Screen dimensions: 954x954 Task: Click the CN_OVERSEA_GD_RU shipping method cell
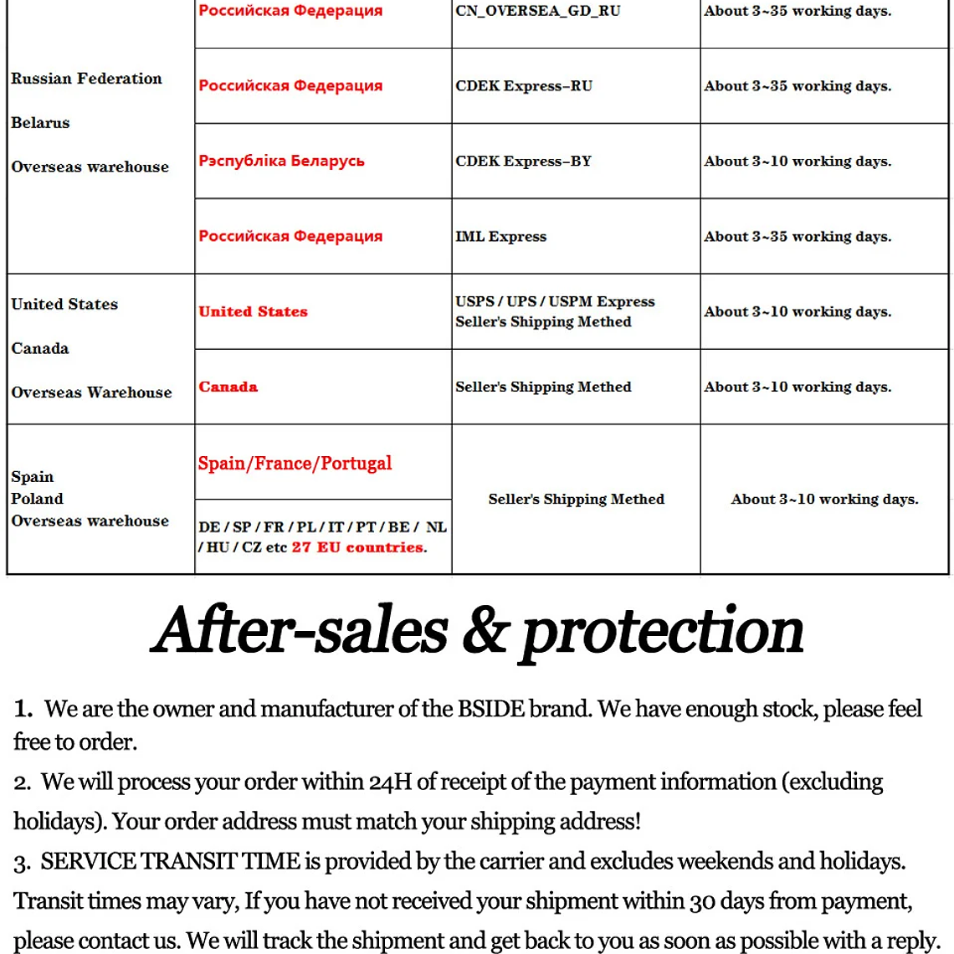pyautogui.click(x=538, y=12)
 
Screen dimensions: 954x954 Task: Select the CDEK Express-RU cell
pyautogui.click(x=524, y=86)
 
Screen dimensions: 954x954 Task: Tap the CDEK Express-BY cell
pyautogui.click(x=524, y=162)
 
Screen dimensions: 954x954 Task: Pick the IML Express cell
pyautogui.click(x=500, y=237)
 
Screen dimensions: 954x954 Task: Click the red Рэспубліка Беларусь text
pyautogui.click(x=281, y=161)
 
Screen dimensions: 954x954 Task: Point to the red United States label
pyautogui.click(x=253, y=312)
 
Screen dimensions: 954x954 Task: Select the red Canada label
pyautogui.click(x=228, y=387)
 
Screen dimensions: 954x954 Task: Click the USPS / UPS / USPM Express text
pyautogui.click(x=555, y=302)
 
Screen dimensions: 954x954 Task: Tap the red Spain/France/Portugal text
pyautogui.click(x=295, y=464)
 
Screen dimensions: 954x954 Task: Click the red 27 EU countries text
pyautogui.click(x=358, y=548)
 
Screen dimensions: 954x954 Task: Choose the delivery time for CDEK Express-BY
pyautogui.click(x=798, y=162)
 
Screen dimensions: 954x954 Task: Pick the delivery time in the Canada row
pyautogui.click(x=798, y=387)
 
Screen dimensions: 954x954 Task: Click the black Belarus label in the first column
pyautogui.click(x=40, y=123)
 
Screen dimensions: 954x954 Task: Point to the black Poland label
pyautogui.click(x=37, y=499)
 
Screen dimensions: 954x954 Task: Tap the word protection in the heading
pyautogui.click(x=662, y=632)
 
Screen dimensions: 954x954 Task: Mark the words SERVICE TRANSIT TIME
pyautogui.click(x=170, y=862)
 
